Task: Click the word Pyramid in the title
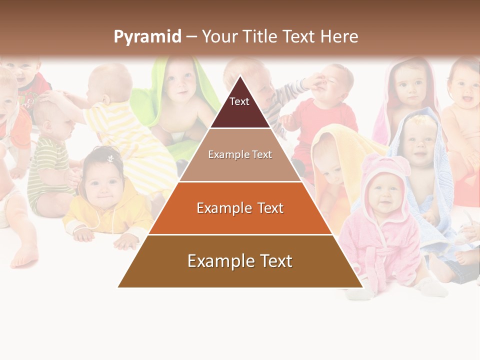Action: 147,37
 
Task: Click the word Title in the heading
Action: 261,37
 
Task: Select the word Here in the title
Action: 339,37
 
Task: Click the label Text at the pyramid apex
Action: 239,101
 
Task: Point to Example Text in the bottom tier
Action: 240,261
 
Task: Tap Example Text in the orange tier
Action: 240,208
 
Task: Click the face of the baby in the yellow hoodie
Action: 102,182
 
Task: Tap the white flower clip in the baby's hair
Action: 110,158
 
